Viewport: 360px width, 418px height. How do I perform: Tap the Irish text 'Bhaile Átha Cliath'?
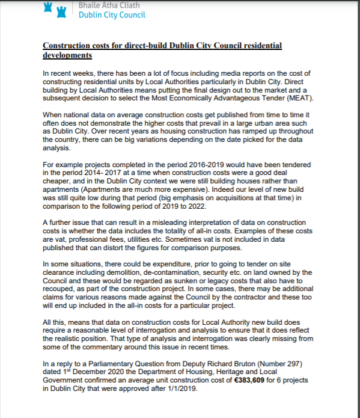pyautogui.click(x=107, y=5)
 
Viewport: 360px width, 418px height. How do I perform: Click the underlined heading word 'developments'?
pyautogui.click(x=67, y=55)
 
